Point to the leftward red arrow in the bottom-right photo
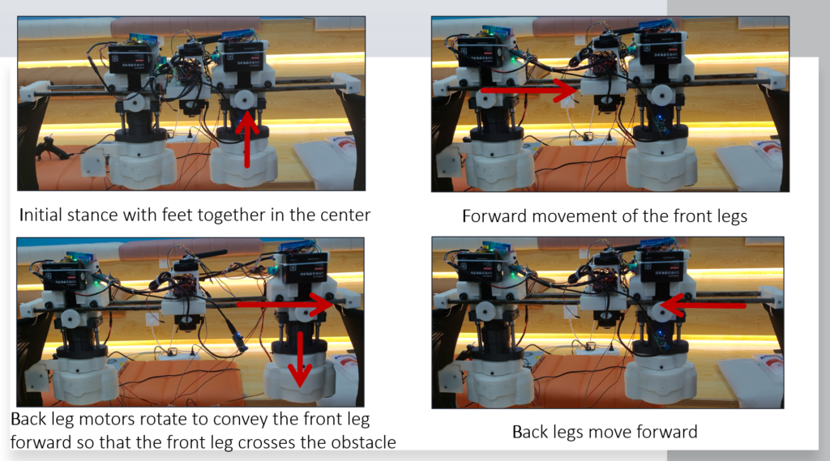coord(703,305)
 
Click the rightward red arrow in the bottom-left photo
coord(285,305)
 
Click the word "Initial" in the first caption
coord(43,215)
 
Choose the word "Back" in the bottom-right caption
coord(530,432)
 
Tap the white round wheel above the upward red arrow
coord(245,100)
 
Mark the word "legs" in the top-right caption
coord(730,216)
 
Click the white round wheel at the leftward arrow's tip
coord(661,309)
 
